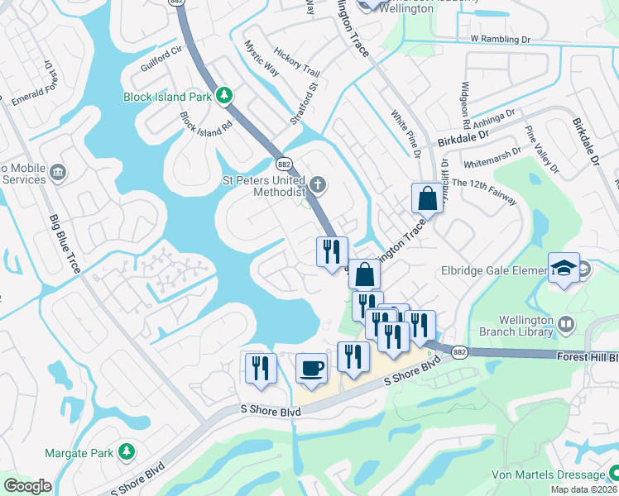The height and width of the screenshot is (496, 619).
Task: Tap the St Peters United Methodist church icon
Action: coord(317,184)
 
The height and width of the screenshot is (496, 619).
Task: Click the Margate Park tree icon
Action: coord(126,452)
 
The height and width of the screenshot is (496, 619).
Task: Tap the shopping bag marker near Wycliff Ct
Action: coord(427,199)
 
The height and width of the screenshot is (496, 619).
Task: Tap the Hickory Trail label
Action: coord(296,61)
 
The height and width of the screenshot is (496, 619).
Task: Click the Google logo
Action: coord(28,486)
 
